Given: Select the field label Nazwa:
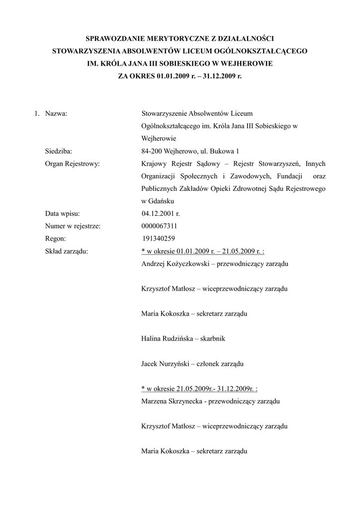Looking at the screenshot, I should (x=56, y=114).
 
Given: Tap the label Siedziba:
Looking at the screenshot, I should (x=59, y=151).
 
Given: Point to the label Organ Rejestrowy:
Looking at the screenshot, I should (x=73, y=164).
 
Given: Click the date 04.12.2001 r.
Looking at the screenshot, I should (x=161, y=213).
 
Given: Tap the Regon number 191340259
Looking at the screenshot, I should (x=159, y=238).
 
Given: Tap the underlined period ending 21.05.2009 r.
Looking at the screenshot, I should (x=206, y=251).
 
